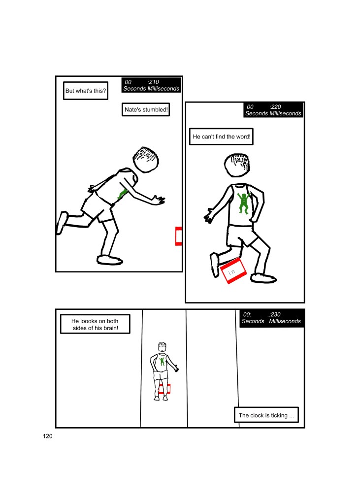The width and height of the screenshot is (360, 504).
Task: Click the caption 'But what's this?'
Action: click(x=86, y=91)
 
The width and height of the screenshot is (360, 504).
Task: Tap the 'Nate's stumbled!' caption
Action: click(x=146, y=109)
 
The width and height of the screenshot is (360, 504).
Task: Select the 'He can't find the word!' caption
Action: click(x=222, y=136)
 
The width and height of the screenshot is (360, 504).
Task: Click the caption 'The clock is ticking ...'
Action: click(x=266, y=415)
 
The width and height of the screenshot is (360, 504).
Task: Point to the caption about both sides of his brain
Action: click(x=95, y=324)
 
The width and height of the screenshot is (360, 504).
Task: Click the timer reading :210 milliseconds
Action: click(x=151, y=85)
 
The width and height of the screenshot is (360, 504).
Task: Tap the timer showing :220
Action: click(x=273, y=110)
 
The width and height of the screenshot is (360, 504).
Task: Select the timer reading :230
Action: click(x=272, y=318)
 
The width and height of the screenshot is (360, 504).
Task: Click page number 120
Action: click(x=48, y=436)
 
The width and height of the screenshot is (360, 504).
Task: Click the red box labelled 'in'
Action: click(x=233, y=271)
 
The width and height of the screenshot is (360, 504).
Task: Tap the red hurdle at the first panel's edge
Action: click(x=179, y=236)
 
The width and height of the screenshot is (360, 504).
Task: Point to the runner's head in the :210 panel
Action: click(x=146, y=160)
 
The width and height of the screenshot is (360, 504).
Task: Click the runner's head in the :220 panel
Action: click(x=237, y=165)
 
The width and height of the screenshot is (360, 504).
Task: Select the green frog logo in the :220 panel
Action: click(x=243, y=203)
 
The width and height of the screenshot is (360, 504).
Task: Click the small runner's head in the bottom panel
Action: click(x=162, y=346)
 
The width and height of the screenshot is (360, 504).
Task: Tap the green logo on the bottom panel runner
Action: click(x=162, y=361)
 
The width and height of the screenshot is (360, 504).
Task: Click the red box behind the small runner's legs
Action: click(x=164, y=389)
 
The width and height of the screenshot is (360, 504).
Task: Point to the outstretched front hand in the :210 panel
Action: click(x=159, y=200)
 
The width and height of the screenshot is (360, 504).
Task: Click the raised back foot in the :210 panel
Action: click(x=62, y=223)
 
